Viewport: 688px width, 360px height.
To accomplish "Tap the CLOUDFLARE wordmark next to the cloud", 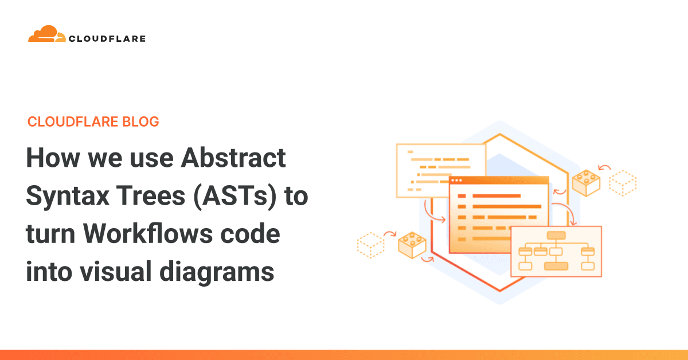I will (107, 39).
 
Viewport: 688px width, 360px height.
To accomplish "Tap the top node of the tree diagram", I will (556, 235).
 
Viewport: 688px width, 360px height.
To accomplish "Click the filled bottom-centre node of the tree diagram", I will (556, 266).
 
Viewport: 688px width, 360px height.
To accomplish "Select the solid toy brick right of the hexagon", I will (586, 183).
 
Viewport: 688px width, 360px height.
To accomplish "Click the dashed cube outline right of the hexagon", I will (623, 182).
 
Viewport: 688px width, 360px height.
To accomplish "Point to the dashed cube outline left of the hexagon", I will (370, 245).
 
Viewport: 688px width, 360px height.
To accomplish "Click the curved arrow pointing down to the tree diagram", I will (567, 213).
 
